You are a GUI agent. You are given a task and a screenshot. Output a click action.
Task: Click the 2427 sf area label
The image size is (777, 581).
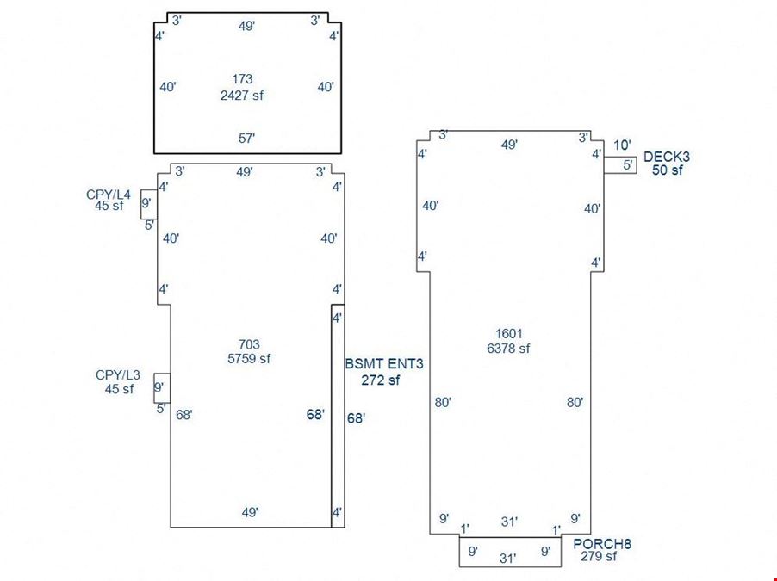click(242, 95)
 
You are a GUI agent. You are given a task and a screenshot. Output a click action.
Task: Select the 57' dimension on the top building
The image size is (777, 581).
click(246, 139)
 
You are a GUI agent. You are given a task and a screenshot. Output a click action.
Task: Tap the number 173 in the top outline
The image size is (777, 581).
click(242, 78)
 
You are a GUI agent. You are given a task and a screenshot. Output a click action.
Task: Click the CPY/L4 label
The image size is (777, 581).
click(109, 195)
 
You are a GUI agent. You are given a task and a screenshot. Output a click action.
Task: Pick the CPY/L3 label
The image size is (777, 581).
click(118, 375)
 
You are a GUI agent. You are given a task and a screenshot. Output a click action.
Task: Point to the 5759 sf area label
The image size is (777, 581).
click(249, 358)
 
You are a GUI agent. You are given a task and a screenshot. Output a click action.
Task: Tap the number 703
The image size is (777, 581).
click(249, 344)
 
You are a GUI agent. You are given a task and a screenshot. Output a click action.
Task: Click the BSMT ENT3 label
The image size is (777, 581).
click(384, 364)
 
